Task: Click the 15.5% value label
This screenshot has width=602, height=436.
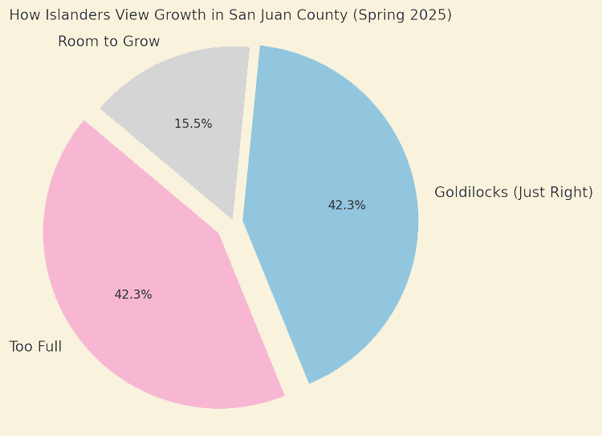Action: click(x=193, y=124)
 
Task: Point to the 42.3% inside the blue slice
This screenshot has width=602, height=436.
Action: click(x=347, y=206)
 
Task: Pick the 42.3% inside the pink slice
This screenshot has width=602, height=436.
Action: click(x=133, y=295)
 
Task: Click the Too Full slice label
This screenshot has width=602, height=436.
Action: click(x=35, y=347)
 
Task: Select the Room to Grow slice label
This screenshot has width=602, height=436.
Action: click(x=108, y=42)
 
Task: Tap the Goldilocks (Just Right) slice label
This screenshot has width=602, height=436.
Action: click(x=513, y=193)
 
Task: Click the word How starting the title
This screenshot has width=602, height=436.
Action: click(x=22, y=15)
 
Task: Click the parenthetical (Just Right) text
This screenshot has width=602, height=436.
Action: click(x=553, y=193)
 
